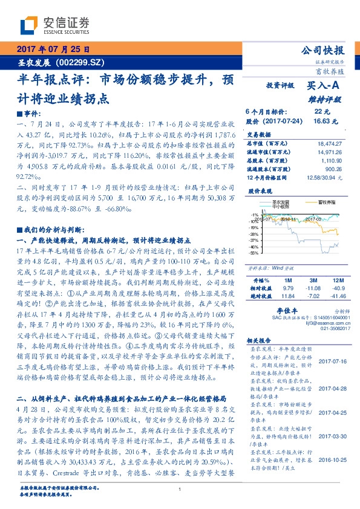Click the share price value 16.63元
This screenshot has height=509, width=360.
tap(322, 121)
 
